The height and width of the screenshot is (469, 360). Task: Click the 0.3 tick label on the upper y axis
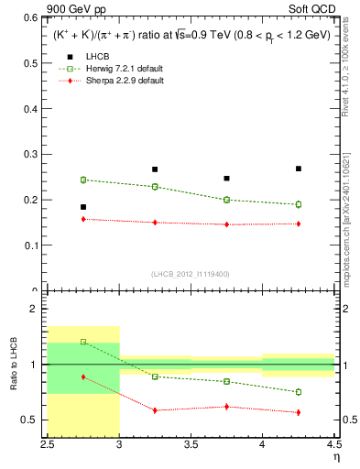click(32, 154)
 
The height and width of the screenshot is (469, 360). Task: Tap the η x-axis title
click(334, 457)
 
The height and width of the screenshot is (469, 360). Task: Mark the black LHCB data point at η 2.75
click(82, 207)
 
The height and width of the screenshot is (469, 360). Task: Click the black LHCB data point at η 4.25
click(299, 169)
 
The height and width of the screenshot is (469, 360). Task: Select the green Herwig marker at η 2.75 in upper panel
click(82, 180)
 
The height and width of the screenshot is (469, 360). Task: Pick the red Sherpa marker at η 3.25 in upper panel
click(155, 223)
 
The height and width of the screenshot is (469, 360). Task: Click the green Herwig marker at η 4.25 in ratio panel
click(299, 392)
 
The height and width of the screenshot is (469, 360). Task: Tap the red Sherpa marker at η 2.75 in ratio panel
click(82, 376)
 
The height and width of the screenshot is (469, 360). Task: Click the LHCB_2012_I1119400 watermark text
click(191, 274)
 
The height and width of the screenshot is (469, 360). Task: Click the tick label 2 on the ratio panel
click(35, 310)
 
